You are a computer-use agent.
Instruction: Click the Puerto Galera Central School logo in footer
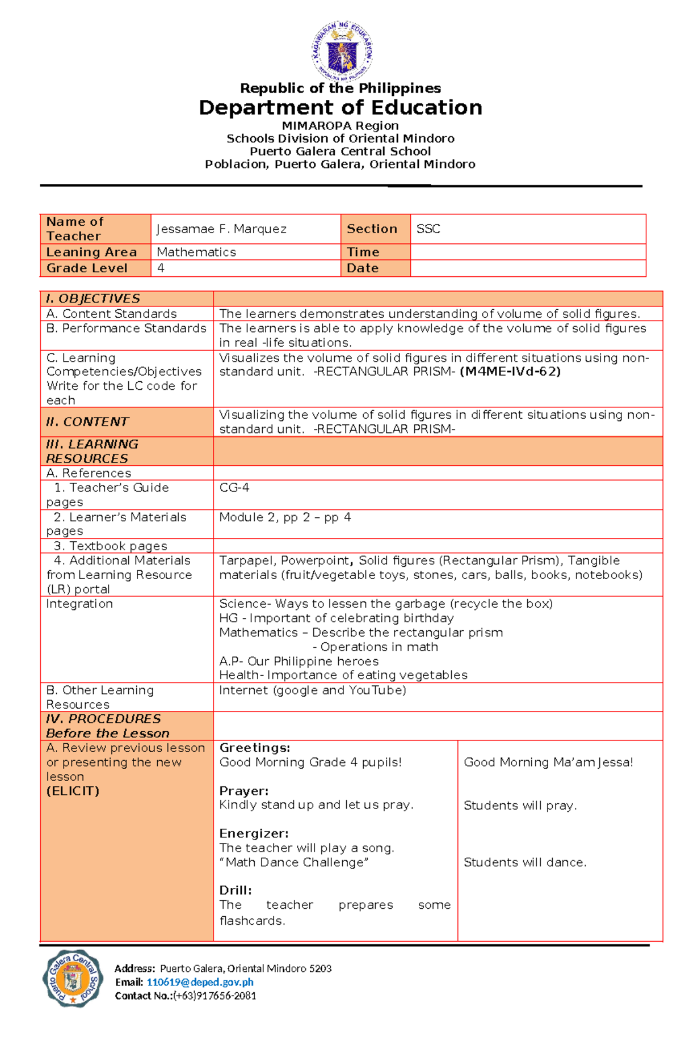click(73, 978)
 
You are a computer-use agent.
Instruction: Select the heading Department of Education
click(340, 107)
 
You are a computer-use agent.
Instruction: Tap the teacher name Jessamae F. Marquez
click(221, 229)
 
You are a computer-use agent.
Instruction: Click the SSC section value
click(428, 229)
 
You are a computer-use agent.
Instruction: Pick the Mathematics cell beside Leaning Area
click(196, 252)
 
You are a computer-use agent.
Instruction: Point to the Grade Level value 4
click(161, 268)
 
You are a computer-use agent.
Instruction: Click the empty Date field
click(528, 268)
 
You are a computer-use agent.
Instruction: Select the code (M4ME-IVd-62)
click(510, 372)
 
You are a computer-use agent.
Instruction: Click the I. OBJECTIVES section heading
click(93, 298)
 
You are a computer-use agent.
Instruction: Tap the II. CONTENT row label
click(87, 422)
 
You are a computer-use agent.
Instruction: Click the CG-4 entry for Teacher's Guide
click(234, 488)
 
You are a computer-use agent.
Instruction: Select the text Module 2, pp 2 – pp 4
click(285, 517)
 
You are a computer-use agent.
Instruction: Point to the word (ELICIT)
click(73, 791)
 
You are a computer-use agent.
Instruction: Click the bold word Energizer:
click(254, 833)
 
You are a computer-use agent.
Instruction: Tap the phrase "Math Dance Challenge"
click(294, 862)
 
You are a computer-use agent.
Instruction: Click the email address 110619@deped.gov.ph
click(200, 982)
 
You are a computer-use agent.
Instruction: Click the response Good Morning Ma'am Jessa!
click(548, 762)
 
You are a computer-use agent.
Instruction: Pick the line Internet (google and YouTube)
click(313, 690)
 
